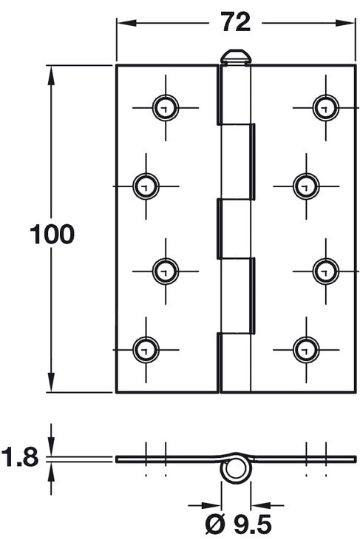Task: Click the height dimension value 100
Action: click(x=52, y=234)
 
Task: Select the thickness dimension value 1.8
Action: click(x=20, y=457)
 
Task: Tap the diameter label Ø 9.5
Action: click(x=238, y=525)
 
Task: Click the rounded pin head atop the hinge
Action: click(x=236, y=57)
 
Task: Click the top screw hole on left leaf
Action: click(x=166, y=108)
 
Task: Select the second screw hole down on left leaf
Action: click(x=146, y=186)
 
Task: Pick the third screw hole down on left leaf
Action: click(x=166, y=271)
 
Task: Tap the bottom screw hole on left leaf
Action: click(x=146, y=350)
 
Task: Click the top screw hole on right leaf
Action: click(x=326, y=108)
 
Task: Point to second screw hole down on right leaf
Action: click(x=306, y=186)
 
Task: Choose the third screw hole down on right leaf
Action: click(x=326, y=271)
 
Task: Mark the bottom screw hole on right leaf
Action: click(x=306, y=350)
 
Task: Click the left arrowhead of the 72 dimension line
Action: click(x=126, y=23)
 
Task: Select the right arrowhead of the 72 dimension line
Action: click(x=344, y=23)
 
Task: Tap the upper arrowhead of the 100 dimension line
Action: click(x=51, y=75)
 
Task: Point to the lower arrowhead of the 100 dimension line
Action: click(x=51, y=382)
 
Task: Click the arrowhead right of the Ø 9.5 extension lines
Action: click(x=261, y=506)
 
